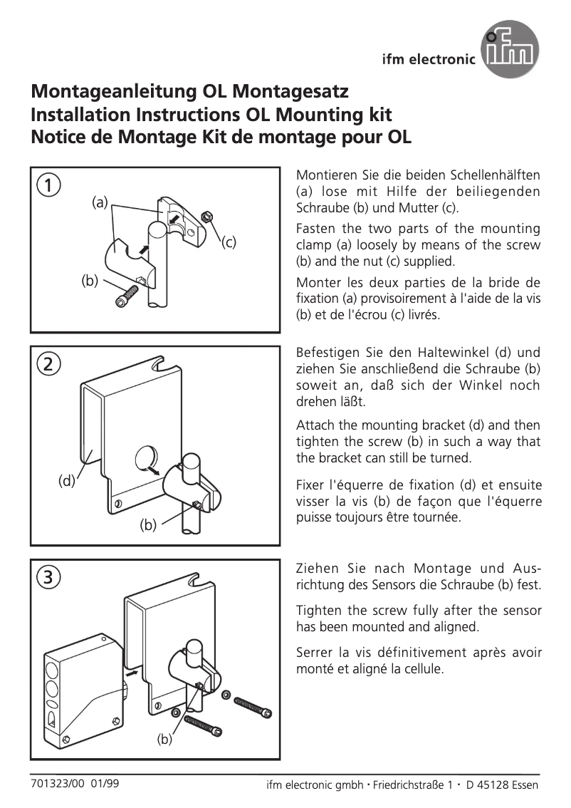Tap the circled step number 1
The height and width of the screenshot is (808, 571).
(48, 186)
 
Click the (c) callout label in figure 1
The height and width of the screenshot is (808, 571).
(228, 242)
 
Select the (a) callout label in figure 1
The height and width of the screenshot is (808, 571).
(99, 202)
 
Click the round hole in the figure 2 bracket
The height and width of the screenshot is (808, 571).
(145, 457)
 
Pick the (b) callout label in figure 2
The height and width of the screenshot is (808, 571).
(147, 526)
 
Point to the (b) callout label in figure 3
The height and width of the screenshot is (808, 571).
(165, 740)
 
